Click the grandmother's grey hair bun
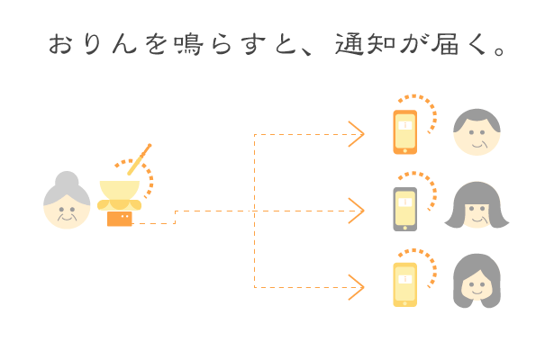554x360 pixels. (x=67, y=180)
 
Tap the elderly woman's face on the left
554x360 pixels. (x=67, y=209)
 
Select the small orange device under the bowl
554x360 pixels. (x=119, y=218)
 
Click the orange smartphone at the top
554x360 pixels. (x=405, y=130)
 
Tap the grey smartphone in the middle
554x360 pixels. (x=405, y=209)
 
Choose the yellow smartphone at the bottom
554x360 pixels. (x=405, y=284)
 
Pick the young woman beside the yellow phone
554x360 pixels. (x=477, y=283)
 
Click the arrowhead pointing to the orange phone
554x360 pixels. (x=358, y=134)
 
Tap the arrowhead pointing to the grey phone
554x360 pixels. (x=358, y=211)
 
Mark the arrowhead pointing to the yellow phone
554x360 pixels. (x=358, y=287)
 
